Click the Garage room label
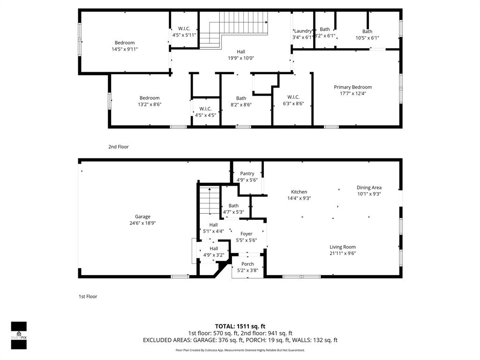click(142, 217)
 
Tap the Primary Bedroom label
click(352, 87)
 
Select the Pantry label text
click(247, 173)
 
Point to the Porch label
click(247, 264)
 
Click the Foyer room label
click(246, 234)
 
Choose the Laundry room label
click(303, 31)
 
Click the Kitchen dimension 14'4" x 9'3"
click(299, 198)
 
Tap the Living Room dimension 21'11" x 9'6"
click(343, 254)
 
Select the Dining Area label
click(369, 187)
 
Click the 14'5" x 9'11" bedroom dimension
click(125, 49)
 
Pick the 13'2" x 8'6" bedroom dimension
click(150, 105)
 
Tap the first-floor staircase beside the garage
click(210, 201)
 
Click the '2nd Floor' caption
click(119, 147)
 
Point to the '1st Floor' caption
click(88, 296)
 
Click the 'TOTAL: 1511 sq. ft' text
click(240, 326)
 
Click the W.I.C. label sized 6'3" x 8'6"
click(293, 97)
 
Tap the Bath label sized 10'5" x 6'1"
click(367, 31)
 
